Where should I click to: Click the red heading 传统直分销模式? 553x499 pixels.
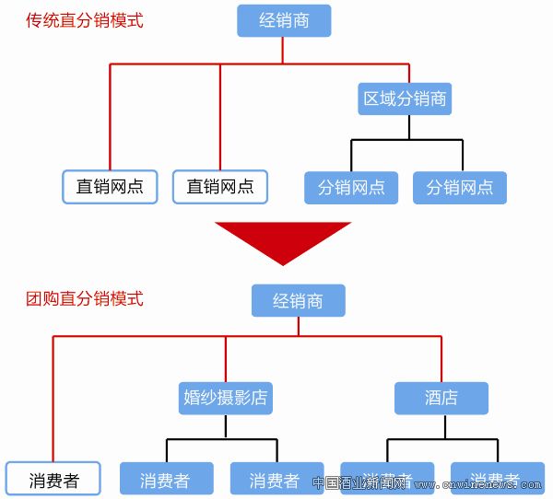tap(85, 20)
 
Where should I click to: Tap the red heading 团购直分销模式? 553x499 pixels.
tap(85, 299)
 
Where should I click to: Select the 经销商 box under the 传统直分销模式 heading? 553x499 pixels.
tap(284, 20)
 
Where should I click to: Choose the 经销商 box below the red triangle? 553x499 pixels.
tap(298, 300)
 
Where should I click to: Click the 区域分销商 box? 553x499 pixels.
tap(406, 99)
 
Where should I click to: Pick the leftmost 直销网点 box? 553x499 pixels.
tap(110, 187)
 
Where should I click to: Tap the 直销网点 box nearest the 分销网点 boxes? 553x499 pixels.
tap(220, 187)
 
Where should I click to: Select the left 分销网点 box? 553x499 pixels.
tap(351, 188)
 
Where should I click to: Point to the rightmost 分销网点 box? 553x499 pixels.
tap(460, 188)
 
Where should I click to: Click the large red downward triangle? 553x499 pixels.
tap(283, 238)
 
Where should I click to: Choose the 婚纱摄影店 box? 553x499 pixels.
tap(225, 398)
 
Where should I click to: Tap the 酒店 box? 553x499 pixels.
tap(441, 398)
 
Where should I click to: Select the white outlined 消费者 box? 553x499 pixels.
tap(53, 480)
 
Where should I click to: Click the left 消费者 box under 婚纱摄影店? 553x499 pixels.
tap(166, 480)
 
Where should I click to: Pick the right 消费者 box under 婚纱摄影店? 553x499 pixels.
tap(276, 480)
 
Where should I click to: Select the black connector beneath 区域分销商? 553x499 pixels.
tap(406, 140)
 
